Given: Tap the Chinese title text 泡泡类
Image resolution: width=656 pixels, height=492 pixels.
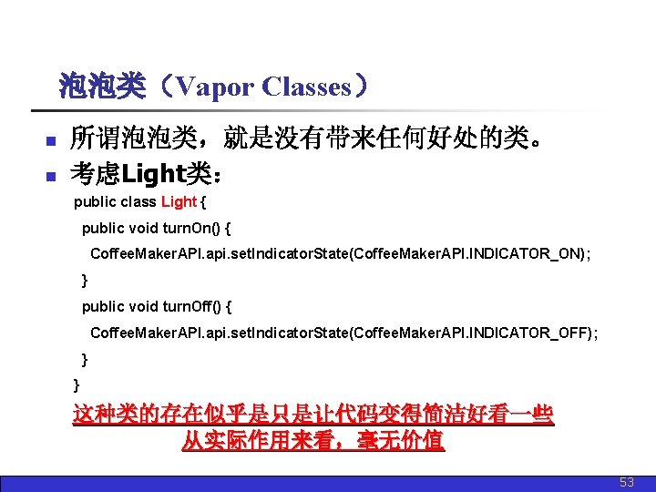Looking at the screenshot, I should tap(101, 87).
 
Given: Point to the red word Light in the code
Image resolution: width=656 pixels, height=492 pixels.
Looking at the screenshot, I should tap(179, 202).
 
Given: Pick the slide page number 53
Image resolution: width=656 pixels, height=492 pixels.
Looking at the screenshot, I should tap(627, 482).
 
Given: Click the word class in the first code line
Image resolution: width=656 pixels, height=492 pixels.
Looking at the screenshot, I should tap(138, 202).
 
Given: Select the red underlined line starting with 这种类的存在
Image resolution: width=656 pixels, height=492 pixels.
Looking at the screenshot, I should tap(313, 415).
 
